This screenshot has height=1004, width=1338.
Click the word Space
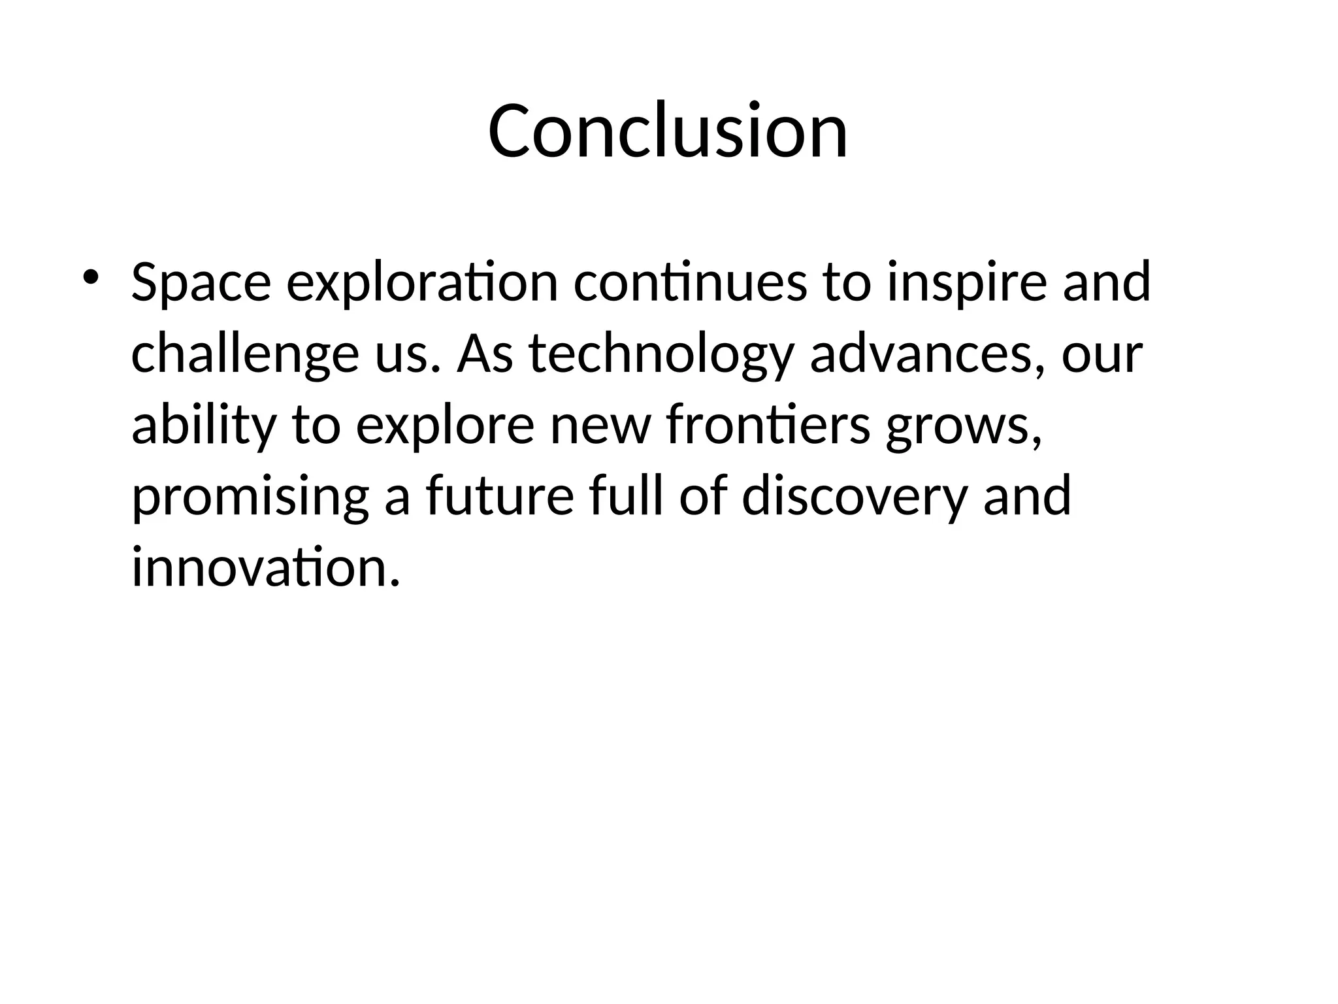(x=201, y=282)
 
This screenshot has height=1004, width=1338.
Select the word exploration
(x=422, y=282)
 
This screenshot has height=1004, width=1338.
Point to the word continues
(x=690, y=282)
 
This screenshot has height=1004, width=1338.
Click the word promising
(x=250, y=496)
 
